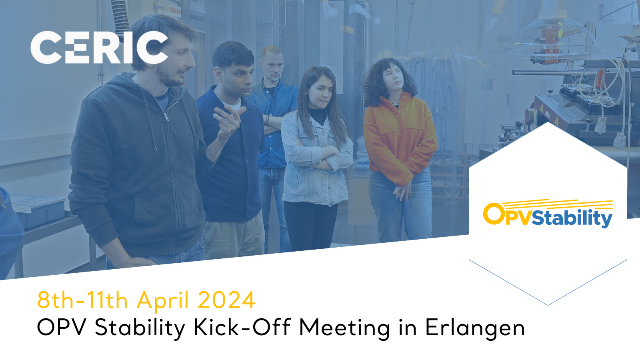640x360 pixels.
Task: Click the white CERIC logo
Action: click(99, 48)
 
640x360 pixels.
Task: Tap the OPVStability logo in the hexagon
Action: click(548, 214)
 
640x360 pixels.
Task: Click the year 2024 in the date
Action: click(226, 300)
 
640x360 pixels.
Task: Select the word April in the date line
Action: click(162, 301)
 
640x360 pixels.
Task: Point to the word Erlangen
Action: click(475, 328)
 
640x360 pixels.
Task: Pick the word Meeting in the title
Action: click(344, 328)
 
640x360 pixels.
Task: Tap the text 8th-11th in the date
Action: click(82, 300)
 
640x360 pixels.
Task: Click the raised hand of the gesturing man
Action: click(228, 120)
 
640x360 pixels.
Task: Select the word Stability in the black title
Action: click(140, 328)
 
